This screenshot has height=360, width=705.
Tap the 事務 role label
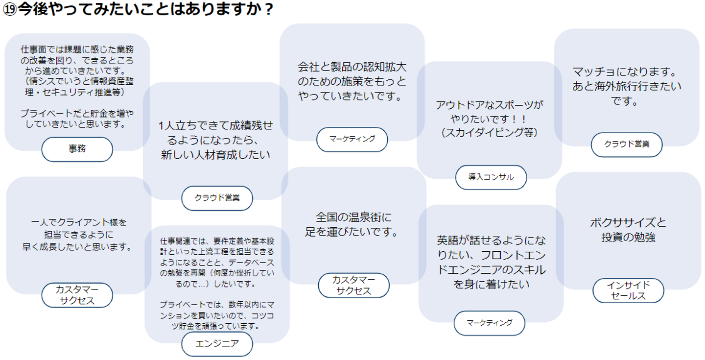77,149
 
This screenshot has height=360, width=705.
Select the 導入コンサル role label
491,177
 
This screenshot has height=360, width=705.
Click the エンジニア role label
217,344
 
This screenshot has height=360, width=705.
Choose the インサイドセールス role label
628,290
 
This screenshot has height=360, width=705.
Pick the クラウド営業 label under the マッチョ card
627,144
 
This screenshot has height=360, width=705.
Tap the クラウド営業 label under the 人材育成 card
217,198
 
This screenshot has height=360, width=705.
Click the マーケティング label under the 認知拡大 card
352,139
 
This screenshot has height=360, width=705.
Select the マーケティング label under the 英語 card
489,323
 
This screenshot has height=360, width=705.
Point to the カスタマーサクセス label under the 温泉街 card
353,286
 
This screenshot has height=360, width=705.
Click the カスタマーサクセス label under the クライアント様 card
77,295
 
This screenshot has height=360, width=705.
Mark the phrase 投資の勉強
628,238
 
